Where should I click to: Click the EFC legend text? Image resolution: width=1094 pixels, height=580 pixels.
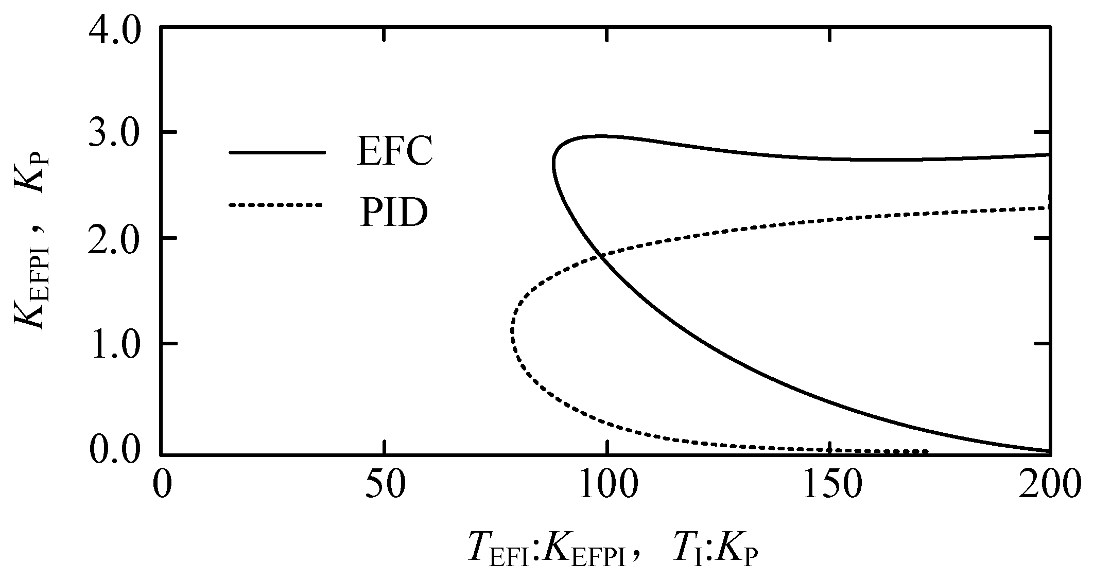394,152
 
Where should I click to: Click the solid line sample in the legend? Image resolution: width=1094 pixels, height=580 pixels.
277,152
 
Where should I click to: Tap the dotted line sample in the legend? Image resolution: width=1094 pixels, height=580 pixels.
275,205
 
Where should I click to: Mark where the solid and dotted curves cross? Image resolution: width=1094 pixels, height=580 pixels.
599,256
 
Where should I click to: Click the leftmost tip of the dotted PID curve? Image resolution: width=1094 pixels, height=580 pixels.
513,329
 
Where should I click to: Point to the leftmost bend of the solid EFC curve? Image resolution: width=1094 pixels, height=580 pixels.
553,165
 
